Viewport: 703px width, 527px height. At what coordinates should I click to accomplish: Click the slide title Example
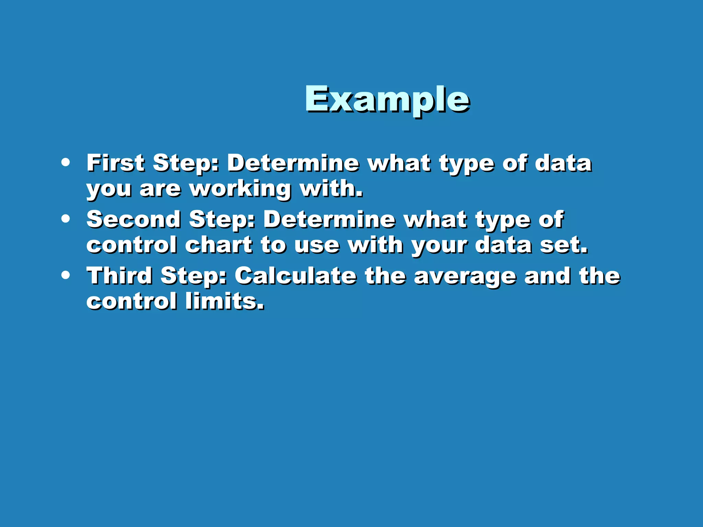387,99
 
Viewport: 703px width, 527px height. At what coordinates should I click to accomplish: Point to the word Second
134,219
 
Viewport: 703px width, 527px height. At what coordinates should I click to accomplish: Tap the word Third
119,276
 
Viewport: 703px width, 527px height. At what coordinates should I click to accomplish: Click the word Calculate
296,276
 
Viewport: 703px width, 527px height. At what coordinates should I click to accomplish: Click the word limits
225,301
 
